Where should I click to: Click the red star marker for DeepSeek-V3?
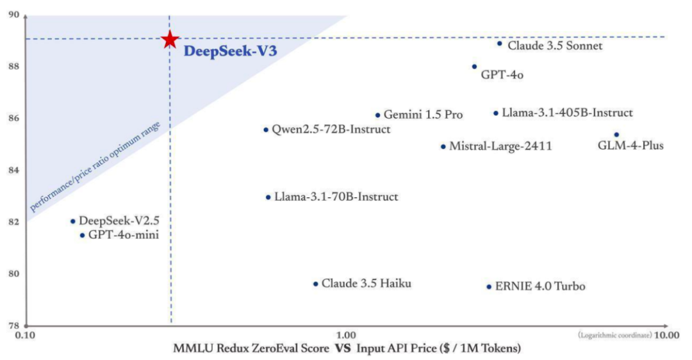[x=169, y=39]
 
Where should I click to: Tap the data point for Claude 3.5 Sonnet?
[x=500, y=44]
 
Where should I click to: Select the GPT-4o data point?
[x=474, y=67]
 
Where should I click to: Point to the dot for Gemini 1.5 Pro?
[x=377, y=115]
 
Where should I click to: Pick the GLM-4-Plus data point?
[x=616, y=135]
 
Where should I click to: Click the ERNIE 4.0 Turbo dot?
[x=489, y=287]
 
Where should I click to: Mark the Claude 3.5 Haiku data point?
[x=315, y=284]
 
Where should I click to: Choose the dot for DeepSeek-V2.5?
[x=72, y=222]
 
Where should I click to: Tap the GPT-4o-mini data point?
[x=82, y=235]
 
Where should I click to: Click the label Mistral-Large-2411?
[x=500, y=147]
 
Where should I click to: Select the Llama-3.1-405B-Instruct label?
[x=567, y=113]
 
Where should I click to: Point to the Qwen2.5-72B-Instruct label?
[x=331, y=129]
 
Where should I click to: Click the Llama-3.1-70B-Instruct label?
[x=336, y=197]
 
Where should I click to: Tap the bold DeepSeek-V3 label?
[x=230, y=52]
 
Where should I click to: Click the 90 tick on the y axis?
[x=13, y=15]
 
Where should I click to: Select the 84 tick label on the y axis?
[x=13, y=170]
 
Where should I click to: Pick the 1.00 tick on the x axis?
[x=346, y=335]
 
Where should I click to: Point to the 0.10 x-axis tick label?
[x=24, y=335]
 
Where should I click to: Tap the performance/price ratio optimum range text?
[x=103, y=166]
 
